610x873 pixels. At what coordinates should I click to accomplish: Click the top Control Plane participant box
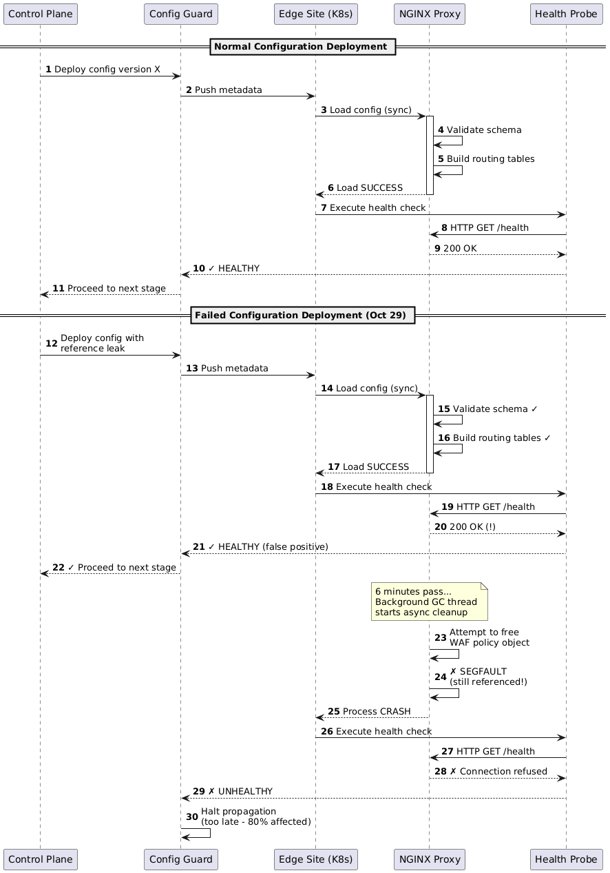click(x=41, y=13)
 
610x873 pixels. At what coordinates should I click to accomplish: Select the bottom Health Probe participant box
click(x=565, y=859)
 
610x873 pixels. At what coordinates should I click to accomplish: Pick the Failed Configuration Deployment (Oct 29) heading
click(x=303, y=316)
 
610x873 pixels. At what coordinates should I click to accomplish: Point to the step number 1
click(x=48, y=70)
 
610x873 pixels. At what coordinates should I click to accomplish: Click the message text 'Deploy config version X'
click(x=107, y=70)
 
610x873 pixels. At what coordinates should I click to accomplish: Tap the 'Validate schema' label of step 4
click(x=484, y=130)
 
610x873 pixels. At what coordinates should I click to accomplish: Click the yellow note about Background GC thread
click(x=429, y=602)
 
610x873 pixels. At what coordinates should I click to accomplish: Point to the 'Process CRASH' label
click(x=377, y=711)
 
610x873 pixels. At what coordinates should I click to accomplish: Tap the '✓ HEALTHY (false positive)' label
click(x=268, y=546)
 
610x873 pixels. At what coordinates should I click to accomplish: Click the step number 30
click(x=192, y=816)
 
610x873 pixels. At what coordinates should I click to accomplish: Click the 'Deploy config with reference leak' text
click(x=102, y=343)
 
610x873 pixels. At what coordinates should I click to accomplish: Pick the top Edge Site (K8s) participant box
click(x=315, y=13)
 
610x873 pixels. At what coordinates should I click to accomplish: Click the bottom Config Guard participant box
click(x=181, y=859)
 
